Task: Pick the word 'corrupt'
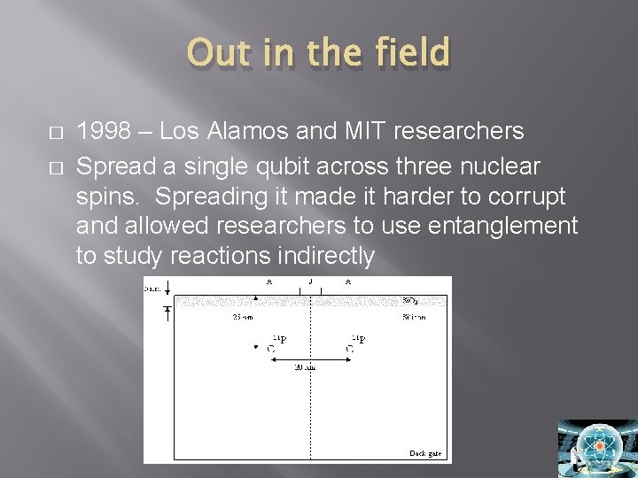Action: tap(532, 195)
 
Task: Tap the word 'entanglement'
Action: tap(502, 226)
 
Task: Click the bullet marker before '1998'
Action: tap(58, 133)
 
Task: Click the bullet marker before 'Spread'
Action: tap(58, 165)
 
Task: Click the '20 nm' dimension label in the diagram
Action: tap(306, 367)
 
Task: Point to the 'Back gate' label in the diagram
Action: tap(425, 453)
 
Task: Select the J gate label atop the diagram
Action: tap(310, 282)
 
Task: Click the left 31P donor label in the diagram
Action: tap(277, 339)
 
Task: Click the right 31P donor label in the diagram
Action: tap(358, 339)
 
